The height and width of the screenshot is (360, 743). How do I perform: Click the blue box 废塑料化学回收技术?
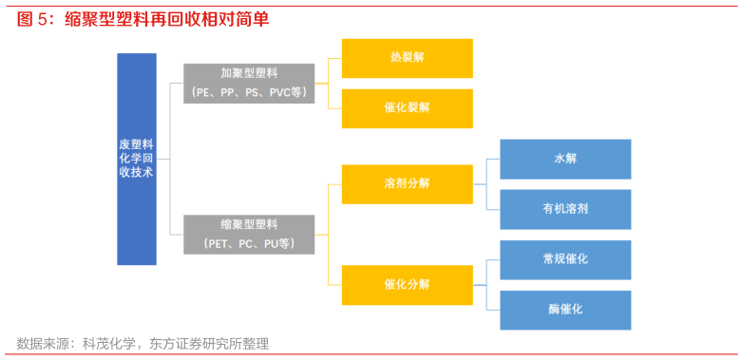click(137, 159)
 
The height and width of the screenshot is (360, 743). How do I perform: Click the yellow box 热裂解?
click(407, 58)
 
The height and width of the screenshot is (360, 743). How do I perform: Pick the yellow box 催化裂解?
click(407, 108)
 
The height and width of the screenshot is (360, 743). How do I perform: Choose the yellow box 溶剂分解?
click(407, 183)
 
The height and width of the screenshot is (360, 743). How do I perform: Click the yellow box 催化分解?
click(407, 285)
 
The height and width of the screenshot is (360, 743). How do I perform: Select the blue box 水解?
click(565, 159)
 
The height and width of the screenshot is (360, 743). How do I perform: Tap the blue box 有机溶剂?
click(565, 209)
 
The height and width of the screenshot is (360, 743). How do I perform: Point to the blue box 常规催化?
click(565, 259)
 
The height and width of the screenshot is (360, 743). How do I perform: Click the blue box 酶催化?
click(565, 310)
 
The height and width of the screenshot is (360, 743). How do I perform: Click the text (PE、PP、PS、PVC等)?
click(249, 92)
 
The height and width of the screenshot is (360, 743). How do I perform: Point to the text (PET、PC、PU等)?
click(249, 244)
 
